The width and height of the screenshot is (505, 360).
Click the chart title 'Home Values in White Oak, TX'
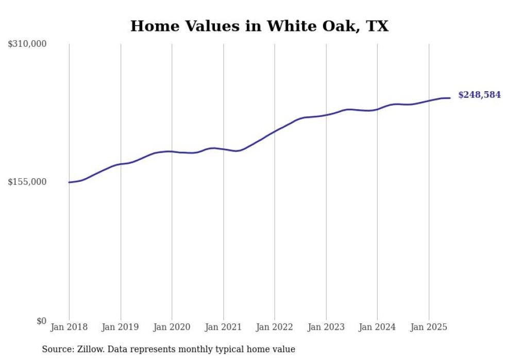(259, 26)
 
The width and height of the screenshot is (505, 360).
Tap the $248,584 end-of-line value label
(479, 95)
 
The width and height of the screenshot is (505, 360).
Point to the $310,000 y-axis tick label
(27, 44)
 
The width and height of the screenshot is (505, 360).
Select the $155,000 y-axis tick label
(27, 182)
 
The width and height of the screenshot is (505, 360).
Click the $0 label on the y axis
(41, 321)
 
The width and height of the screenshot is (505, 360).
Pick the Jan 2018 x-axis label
(69, 327)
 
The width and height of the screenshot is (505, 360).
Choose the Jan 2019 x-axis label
(121, 327)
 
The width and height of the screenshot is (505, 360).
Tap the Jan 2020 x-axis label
(172, 327)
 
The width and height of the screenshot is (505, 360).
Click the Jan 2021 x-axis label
(223, 327)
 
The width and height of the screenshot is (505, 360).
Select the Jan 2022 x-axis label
(275, 327)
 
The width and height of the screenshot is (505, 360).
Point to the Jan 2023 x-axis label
(326, 327)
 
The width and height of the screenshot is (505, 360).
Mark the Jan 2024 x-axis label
(377, 327)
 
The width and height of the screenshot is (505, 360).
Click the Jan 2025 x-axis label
(428, 327)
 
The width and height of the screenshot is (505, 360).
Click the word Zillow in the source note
(90, 349)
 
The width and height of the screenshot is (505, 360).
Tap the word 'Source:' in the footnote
(57, 349)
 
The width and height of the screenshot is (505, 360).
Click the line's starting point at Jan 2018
(69, 182)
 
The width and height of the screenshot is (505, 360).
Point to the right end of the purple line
(450, 98)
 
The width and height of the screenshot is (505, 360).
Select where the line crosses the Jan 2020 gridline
(172, 151)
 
